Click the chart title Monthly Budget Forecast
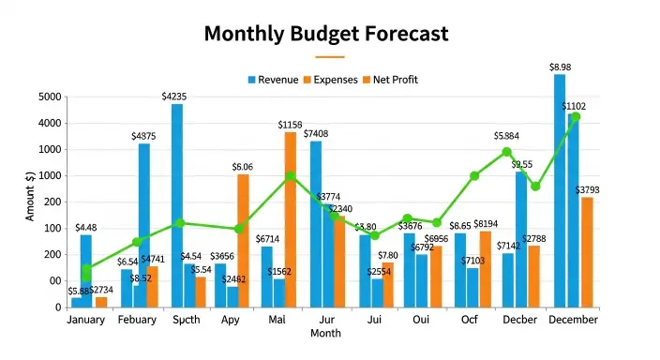point(326,35)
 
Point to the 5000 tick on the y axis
point(50,97)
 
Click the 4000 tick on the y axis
point(50,124)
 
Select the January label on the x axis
point(86,321)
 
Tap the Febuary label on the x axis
point(137,321)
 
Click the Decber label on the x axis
point(520,321)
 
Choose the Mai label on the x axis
point(277,321)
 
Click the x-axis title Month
point(325,334)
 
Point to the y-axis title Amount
point(30,197)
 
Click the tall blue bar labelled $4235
point(176,205)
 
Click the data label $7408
point(316,133)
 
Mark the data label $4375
point(143,136)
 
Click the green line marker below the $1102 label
point(576,117)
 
